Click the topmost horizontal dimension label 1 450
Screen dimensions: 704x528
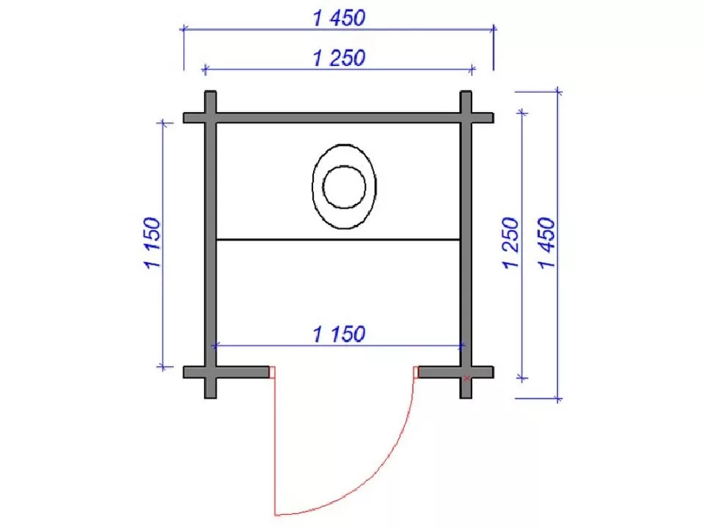(x=339, y=18)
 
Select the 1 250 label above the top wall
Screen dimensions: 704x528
(x=339, y=59)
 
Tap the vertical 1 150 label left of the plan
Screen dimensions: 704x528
(x=153, y=243)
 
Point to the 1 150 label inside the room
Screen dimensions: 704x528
(x=339, y=334)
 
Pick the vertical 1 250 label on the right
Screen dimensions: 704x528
(x=510, y=243)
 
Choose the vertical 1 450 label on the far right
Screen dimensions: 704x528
(x=547, y=243)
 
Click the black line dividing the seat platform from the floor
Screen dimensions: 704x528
(x=339, y=240)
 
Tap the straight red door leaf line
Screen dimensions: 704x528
(x=275, y=440)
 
